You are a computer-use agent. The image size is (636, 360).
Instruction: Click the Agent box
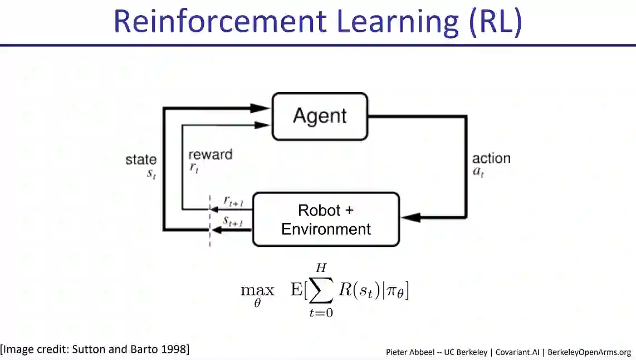click(320, 116)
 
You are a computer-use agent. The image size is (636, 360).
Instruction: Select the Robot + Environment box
click(326, 219)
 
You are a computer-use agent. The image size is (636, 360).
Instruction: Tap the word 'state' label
click(141, 160)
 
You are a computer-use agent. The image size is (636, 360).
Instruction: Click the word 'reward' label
click(210, 155)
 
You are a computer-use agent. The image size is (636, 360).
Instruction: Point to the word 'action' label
click(491, 158)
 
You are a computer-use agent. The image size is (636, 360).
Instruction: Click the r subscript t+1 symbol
click(233, 201)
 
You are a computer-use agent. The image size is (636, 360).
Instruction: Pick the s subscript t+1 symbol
click(233, 221)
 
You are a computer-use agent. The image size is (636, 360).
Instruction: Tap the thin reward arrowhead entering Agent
click(262, 125)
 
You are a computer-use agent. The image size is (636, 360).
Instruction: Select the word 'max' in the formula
click(257, 290)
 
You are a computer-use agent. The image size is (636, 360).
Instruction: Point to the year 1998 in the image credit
click(175, 349)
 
